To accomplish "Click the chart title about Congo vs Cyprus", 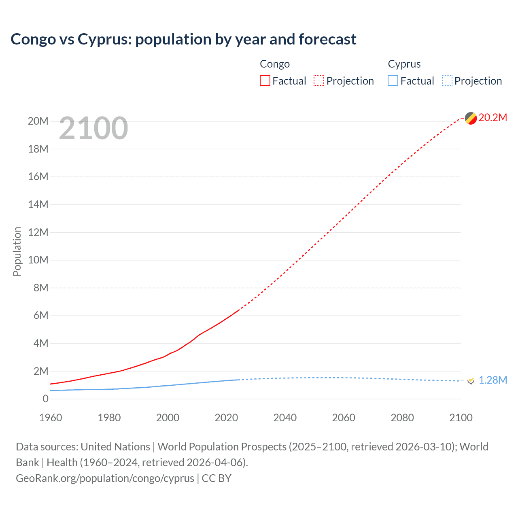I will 183,39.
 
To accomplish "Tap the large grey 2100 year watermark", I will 93,128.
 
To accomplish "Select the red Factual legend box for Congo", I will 265,81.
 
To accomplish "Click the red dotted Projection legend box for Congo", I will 319,81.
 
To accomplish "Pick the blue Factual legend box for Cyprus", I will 393,81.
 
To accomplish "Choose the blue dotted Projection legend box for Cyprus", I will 447,81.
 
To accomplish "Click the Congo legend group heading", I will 275,64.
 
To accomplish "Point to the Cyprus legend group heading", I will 404,64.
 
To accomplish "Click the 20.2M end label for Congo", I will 493,117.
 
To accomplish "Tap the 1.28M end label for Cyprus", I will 493,380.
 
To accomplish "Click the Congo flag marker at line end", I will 471,118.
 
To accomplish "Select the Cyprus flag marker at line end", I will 471,380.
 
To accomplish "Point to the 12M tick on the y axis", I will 38,232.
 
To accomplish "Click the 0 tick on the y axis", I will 45,399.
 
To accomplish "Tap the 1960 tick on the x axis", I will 51,418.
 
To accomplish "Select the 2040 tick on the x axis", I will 285,418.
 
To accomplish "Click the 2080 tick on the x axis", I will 402,418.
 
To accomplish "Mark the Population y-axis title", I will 17,251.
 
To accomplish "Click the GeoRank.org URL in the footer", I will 105,478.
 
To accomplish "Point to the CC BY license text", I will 217,478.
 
